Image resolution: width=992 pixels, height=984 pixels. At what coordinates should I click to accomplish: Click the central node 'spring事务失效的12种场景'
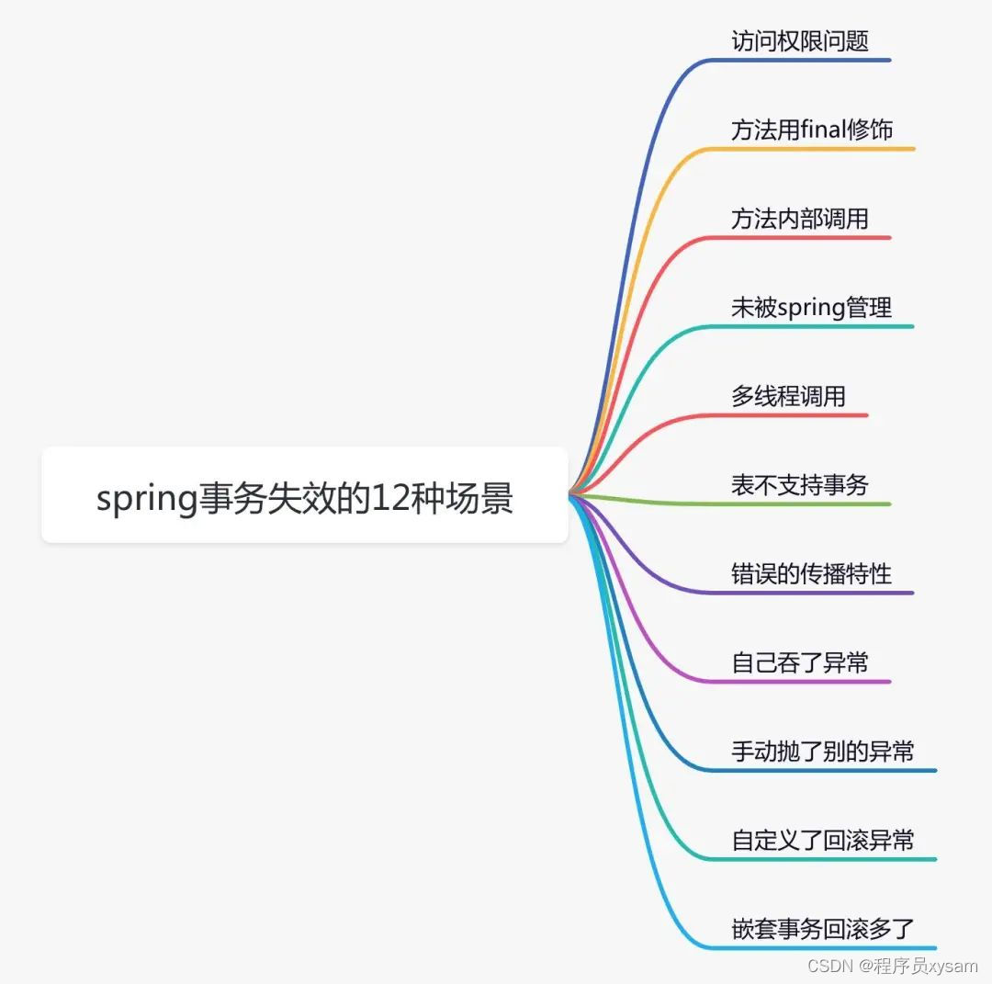pos(304,497)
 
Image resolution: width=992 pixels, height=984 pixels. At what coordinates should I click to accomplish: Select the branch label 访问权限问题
pos(799,41)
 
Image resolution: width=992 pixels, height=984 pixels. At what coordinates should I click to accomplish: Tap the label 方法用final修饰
pos(811,130)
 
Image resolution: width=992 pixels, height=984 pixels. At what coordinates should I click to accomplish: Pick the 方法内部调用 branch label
pos(799,219)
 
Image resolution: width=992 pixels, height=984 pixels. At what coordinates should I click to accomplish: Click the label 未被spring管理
pos(811,307)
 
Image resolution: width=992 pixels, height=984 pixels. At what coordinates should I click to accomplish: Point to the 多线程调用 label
pos(788,396)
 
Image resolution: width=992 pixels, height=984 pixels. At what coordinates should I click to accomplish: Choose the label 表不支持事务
pos(799,484)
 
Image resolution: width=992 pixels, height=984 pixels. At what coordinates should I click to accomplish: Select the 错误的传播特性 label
pos(811,573)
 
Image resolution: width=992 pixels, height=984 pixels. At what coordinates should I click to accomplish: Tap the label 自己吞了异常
pos(799,662)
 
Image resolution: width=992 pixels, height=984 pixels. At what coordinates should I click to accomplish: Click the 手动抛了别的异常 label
pos(822,751)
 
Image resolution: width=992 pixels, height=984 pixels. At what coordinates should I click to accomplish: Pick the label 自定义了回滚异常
pos(822,840)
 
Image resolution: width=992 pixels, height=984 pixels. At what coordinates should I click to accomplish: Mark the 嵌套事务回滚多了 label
pos(822,928)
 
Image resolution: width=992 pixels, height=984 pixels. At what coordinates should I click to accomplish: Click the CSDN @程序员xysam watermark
pos(892,966)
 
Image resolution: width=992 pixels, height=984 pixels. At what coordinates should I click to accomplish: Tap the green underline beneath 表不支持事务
pos(799,503)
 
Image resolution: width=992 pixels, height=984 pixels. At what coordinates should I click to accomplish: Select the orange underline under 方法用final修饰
pos(811,149)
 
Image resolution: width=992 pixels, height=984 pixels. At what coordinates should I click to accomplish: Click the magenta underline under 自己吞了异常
pos(799,682)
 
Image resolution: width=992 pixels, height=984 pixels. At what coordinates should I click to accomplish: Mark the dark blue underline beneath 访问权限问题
pos(799,61)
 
